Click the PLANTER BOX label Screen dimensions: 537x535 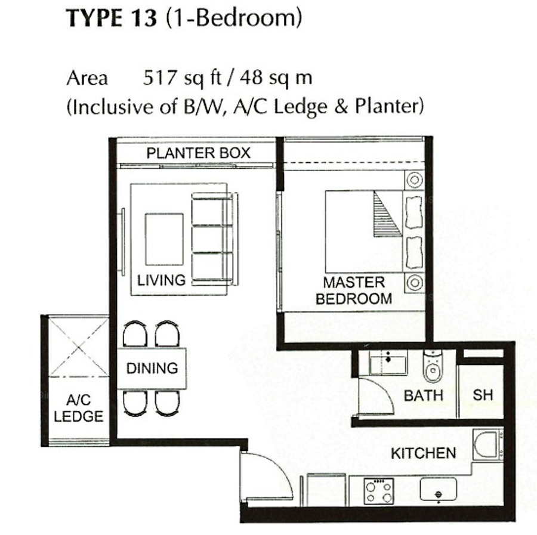[198, 153]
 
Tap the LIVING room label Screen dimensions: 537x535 [161, 280]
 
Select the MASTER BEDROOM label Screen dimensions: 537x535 [354, 290]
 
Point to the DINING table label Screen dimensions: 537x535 [152, 369]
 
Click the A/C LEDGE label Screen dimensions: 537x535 [78, 408]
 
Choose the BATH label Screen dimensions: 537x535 [424, 395]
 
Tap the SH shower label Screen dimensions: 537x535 [483, 395]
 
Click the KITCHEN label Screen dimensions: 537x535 [423, 453]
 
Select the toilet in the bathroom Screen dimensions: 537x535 [433, 366]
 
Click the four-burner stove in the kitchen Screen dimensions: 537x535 [379, 491]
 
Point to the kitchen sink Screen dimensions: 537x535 [439, 489]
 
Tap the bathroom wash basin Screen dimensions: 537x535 [388, 363]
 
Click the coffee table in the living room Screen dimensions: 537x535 [164, 239]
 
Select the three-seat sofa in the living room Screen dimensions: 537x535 [214, 239]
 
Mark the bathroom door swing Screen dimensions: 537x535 [376, 397]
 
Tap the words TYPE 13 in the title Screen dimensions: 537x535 [112, 18]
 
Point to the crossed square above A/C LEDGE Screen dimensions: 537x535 [79, 347]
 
